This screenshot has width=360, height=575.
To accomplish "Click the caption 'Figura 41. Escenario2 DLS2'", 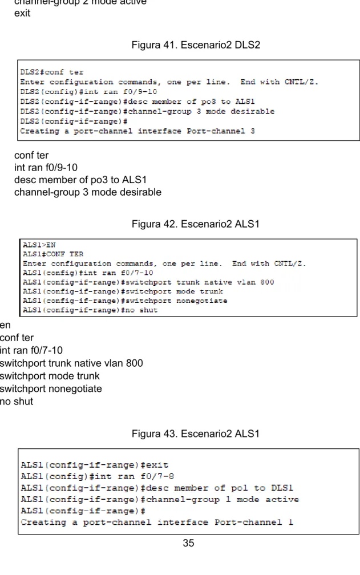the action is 196,44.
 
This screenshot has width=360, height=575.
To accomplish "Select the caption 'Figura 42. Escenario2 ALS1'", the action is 195,224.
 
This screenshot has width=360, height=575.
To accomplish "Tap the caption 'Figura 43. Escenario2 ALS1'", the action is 195,434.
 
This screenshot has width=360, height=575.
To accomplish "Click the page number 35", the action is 188,543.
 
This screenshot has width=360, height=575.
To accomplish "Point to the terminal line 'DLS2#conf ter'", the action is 52,72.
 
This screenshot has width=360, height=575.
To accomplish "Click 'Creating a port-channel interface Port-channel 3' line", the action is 137,131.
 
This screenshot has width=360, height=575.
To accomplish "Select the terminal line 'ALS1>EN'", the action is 39,245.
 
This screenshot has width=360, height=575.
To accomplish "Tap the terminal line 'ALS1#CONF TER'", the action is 53,254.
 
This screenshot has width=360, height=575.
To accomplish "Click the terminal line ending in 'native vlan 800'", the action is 148,282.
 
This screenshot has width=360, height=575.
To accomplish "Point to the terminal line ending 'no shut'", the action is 90,310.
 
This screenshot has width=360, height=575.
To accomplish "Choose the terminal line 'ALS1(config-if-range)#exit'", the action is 95,465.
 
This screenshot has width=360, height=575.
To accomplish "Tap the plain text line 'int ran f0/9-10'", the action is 46,168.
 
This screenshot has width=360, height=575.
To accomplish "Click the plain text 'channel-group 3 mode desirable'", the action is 88,192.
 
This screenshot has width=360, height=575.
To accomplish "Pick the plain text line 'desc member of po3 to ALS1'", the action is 80,180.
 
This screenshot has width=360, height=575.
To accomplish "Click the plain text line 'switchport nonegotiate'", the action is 51,388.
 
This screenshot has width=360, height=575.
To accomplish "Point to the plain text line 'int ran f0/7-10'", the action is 31,350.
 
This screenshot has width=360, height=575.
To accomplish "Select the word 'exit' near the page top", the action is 22,13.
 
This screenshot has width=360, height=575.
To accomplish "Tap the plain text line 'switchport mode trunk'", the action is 50,376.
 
